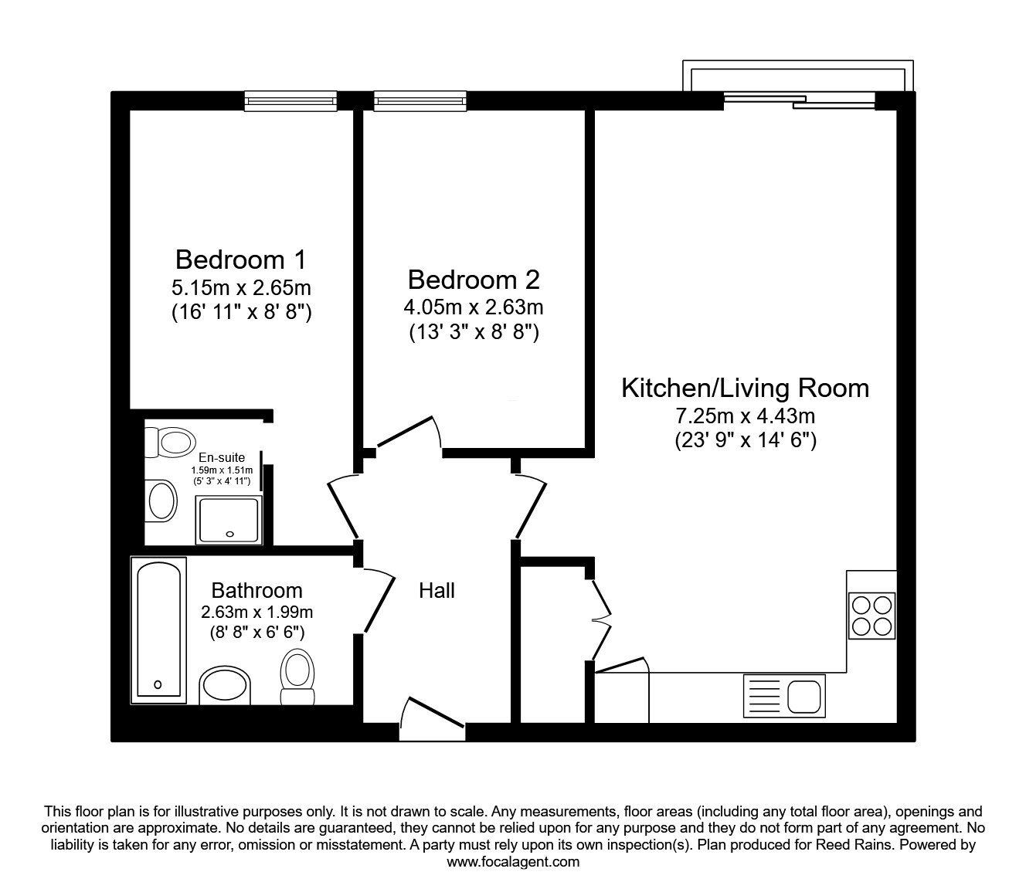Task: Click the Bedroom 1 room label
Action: coord(241,260)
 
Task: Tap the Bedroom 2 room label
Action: coord(474,280)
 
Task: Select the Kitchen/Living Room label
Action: coord(745,389)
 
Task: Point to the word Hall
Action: coord(437,591)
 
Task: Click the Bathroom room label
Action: coord(256,591)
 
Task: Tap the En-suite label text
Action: coord(222,457)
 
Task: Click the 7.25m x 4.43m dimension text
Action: coord(745,416)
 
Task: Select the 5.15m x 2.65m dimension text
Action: coord(241,288)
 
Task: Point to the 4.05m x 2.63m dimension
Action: coord(474,307)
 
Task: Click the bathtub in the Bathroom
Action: coord(158,630)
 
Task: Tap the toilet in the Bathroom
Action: coord(297,677)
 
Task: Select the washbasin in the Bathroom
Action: coord(225,686)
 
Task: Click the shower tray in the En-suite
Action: coord(229,519)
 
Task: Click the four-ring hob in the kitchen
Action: coord(871,616)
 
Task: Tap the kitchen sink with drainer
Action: coord(784,695)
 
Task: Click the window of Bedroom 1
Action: coord(290,100)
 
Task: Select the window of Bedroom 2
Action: coord(420,100)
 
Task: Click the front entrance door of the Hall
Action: coord(433,720)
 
